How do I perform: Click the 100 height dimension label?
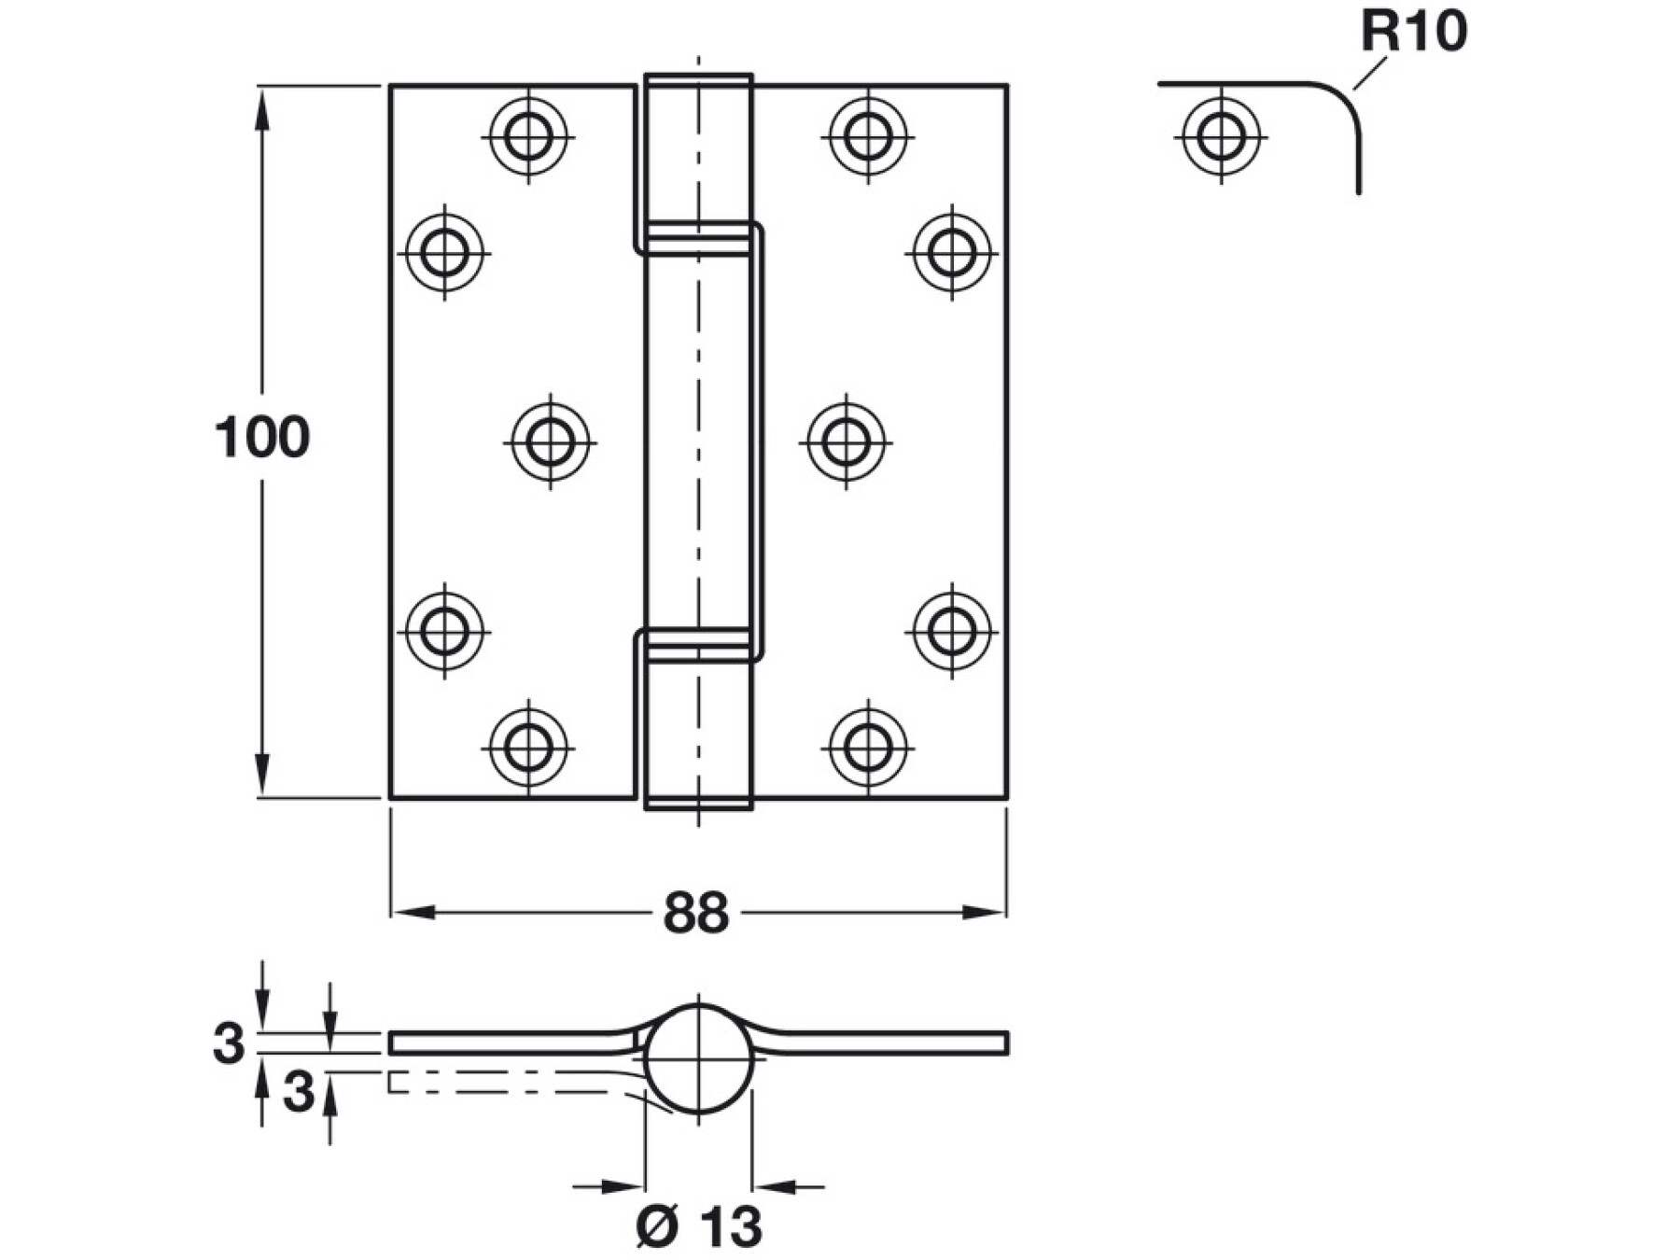262,437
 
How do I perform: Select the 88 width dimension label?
695,913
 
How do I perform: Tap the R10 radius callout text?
1413,31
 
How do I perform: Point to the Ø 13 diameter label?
699,1226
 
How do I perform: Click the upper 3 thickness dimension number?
229,1043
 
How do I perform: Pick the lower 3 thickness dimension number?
299,1091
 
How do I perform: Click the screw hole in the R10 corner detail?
1221,136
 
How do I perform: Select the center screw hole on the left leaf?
551,441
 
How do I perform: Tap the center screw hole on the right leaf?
847,441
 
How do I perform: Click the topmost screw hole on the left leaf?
528,136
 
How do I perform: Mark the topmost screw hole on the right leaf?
869,136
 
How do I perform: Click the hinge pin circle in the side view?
698,1059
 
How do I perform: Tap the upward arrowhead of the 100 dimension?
262,107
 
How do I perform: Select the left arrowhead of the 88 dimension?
413,912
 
